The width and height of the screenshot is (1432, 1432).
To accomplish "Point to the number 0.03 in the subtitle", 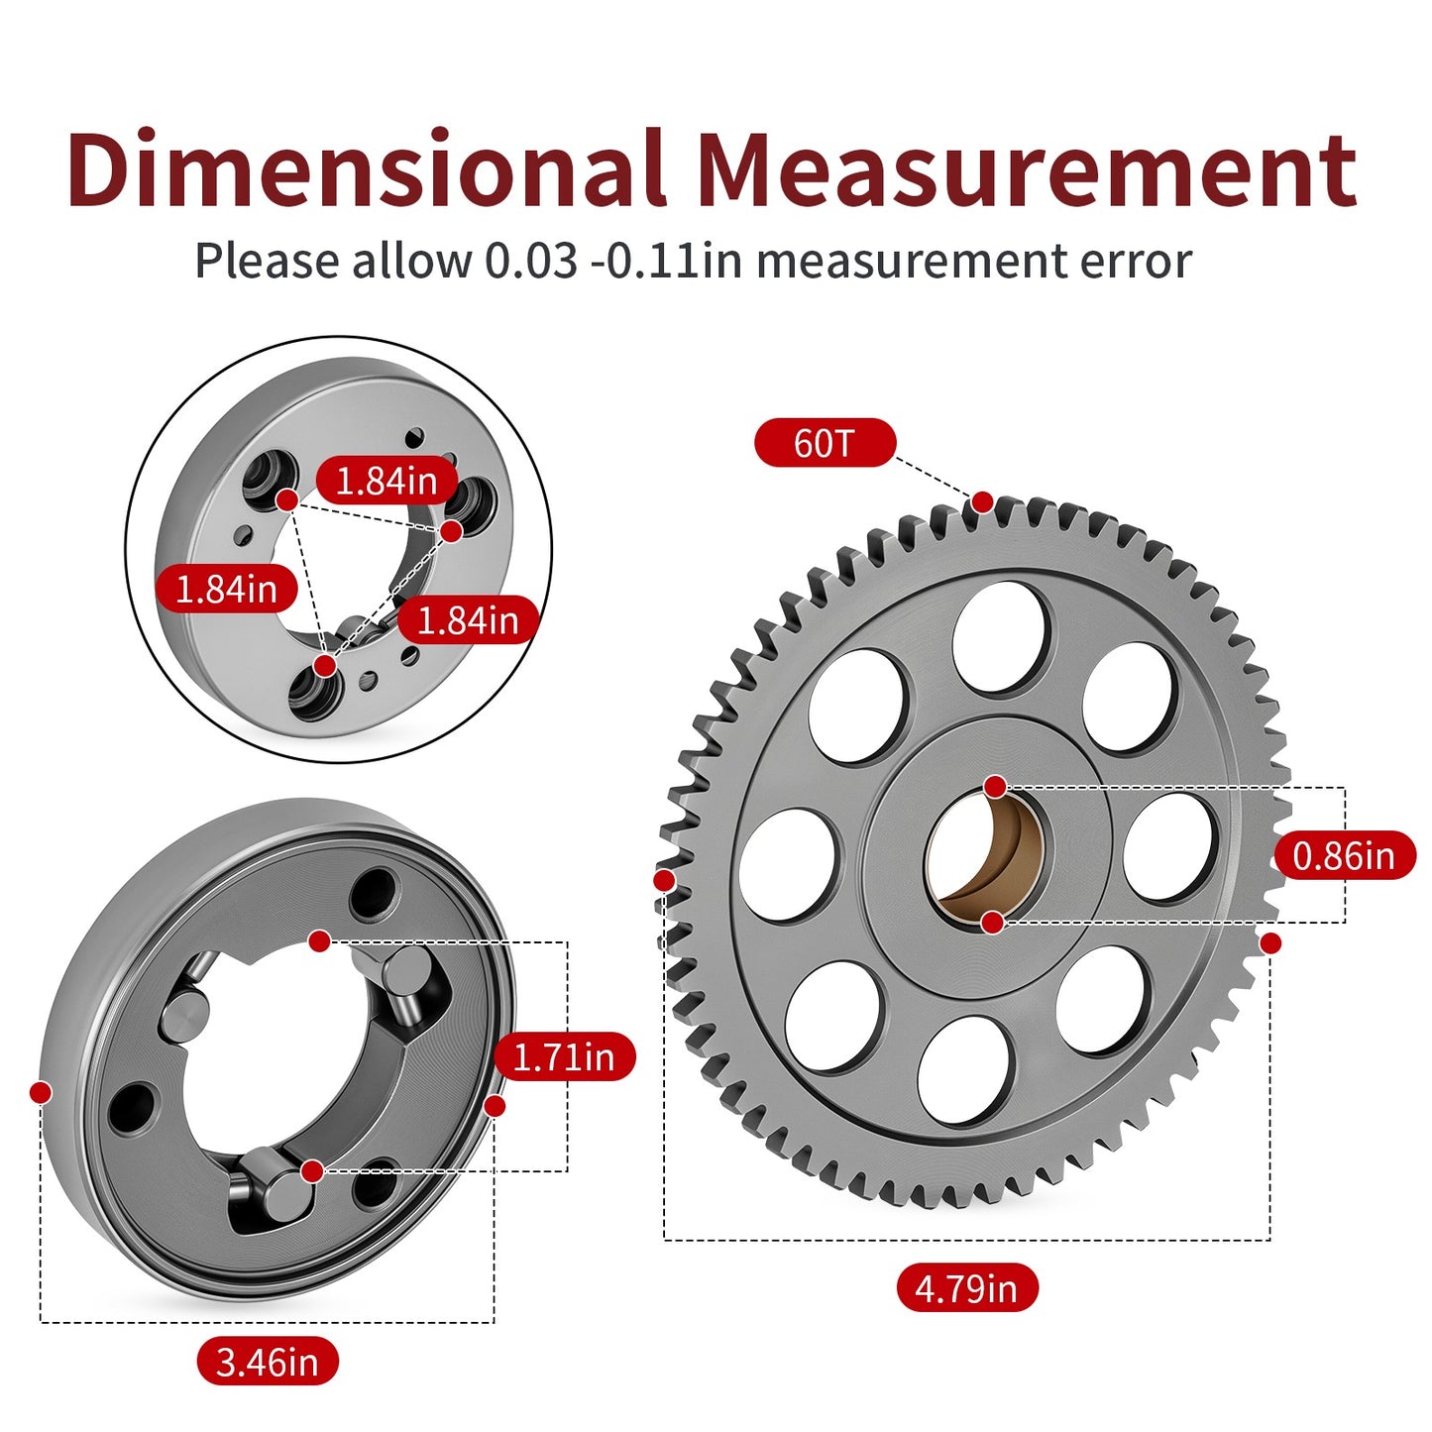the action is click(x=530, y=262).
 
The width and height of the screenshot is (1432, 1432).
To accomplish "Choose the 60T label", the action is click(x=825, y=443).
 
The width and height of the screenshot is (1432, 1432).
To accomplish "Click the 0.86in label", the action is click(x=1345, y=856).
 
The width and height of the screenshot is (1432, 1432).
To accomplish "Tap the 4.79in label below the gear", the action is click(x=966, y=1287).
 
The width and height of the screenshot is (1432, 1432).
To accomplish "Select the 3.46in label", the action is click(x=267, y=1363).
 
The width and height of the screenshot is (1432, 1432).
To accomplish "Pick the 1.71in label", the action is click(x=564, y=1056).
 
